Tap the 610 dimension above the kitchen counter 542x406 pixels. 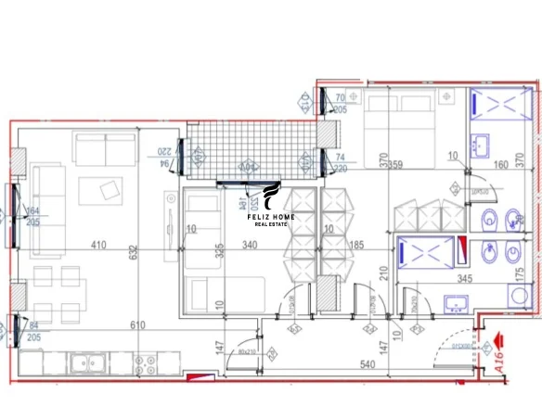coord(138,324)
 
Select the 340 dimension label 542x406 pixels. coord(250,246)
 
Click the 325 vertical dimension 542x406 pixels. coord(220,250)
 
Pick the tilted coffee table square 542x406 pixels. coord(110,190)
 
